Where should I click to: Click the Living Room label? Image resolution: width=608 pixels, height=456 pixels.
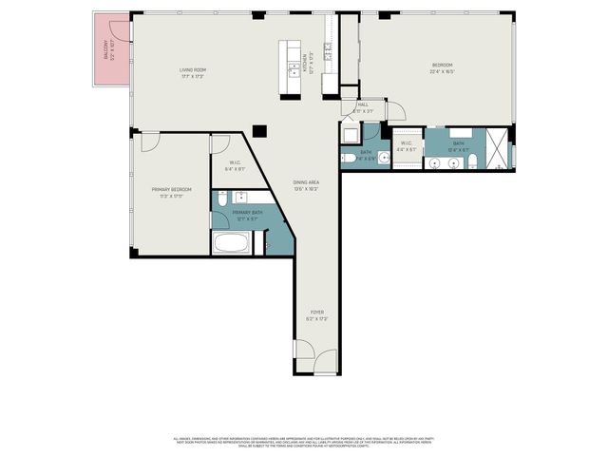coord(193,72)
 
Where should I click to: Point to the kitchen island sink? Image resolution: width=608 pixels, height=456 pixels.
coord(294,69)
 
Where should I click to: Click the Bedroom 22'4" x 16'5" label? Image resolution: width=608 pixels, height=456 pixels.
coord(441,68)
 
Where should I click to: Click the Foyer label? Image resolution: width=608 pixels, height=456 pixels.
coord(317,314)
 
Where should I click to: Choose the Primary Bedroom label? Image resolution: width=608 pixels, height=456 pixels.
coord(171,192)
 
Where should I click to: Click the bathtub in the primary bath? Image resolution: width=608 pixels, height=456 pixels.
coord(232,243)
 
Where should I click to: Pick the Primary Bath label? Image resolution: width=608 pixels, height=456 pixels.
coord(248,216)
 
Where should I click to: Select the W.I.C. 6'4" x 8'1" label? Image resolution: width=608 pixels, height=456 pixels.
coord(235,165)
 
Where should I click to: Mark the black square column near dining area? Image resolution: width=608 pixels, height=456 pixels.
coord(260,132)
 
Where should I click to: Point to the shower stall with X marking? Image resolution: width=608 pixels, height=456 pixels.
coord(497,150)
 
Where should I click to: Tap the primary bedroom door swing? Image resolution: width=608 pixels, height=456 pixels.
coord(149,142)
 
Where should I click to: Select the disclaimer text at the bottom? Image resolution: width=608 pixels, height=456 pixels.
coord(304,441)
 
